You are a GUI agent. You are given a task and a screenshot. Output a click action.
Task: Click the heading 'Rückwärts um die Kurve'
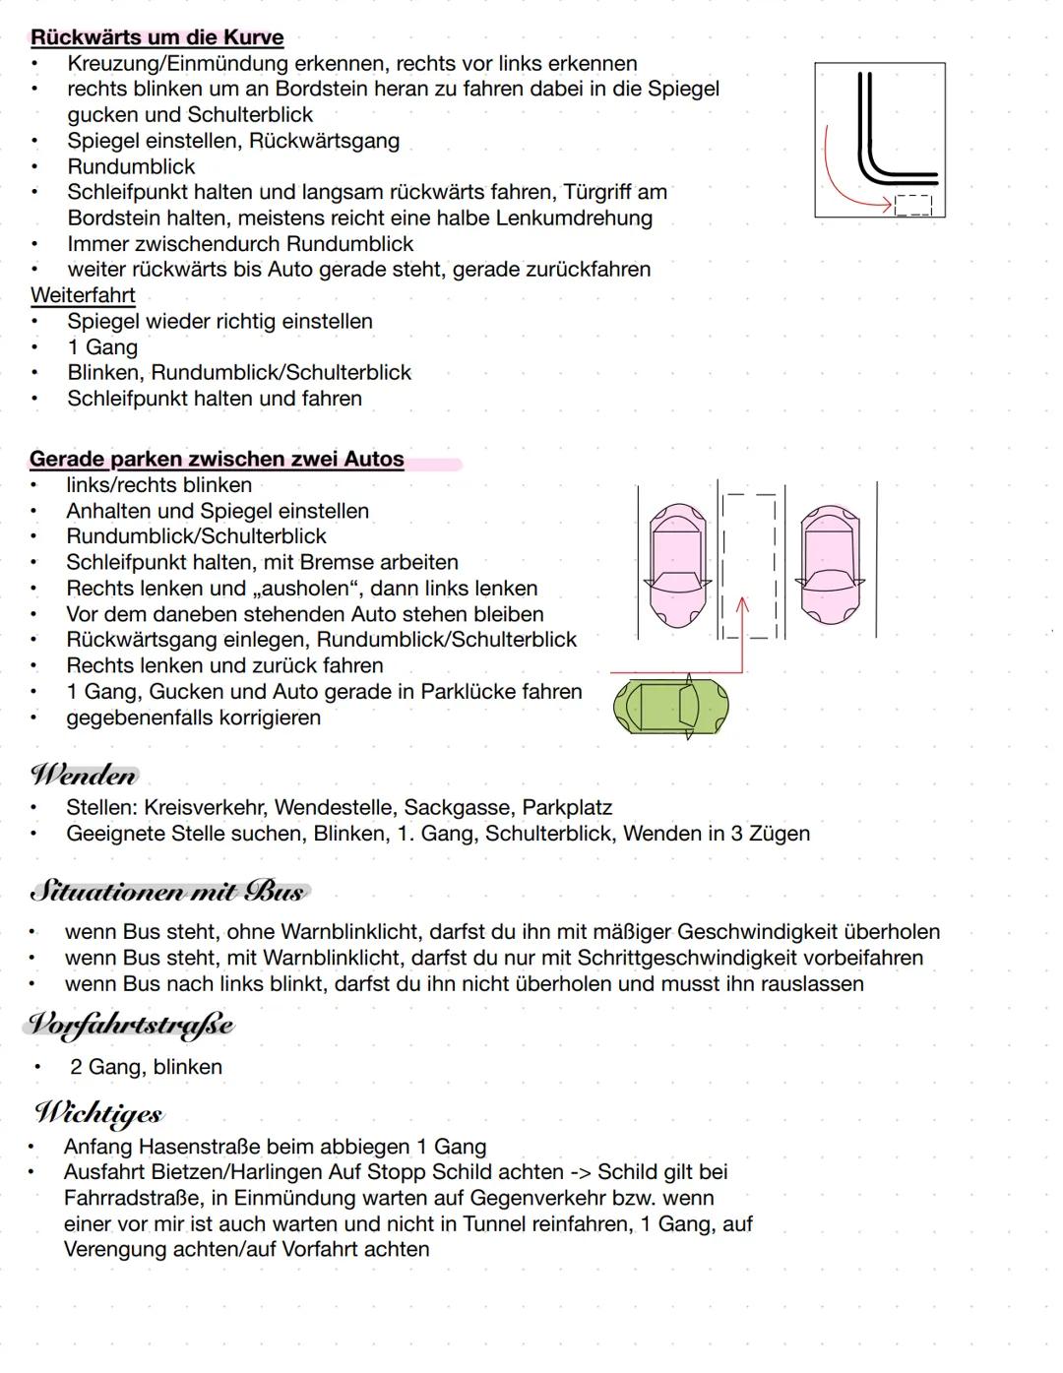(x=156, y=37)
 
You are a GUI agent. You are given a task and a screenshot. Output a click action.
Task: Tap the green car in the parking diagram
(x=670, y=707)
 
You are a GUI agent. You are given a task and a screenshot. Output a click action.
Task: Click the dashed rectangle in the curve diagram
(x=913, y=205)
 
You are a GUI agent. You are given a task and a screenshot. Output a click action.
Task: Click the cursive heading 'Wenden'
(x=85, y=776)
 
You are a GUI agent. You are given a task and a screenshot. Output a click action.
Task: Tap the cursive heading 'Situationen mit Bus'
(x=168, y=892)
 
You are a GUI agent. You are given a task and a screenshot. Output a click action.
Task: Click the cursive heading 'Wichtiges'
(x=98, y=1113)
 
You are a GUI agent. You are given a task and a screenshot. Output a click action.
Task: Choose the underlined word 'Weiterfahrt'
(x=83, y=295)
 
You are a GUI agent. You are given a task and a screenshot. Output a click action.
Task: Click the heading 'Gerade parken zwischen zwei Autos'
(x=217, y=459)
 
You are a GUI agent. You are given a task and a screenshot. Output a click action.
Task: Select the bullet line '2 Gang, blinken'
(x=146, y=1067)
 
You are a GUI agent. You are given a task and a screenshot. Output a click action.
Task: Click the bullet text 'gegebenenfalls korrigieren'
(x=193, y=718)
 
